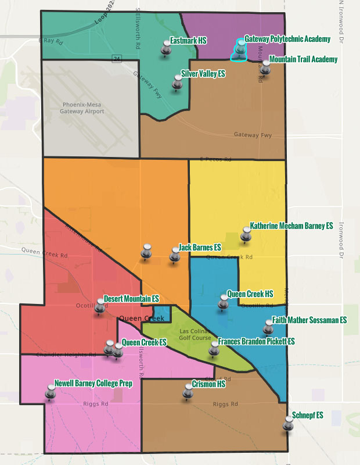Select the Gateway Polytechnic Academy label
coord(287,39)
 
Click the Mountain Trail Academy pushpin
coord(265,67)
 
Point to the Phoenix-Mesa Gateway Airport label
coord(83,108)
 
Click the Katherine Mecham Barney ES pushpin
coord(246,234)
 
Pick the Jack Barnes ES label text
coord(199,248)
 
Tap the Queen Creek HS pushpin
coord(224,302)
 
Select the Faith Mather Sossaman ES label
coord(309,320)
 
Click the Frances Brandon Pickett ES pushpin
coord(214,348)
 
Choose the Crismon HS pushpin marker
coord(188,392)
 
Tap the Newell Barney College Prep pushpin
coord(51,392)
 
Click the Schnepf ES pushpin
coord(288,422)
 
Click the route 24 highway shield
coord(117,58)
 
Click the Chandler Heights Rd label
coord(66,355)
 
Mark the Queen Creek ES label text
coord(144,342)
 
